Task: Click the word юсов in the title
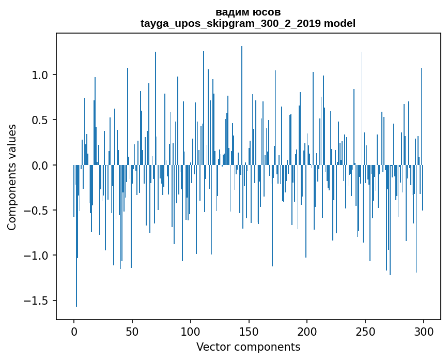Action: pos(268,12)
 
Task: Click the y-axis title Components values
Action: pos(12,177)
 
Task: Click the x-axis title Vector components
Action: pos(248,347)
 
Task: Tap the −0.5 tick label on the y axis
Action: pos(37,211)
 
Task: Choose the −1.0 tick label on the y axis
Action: pos(37,256)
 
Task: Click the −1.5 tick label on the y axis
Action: pos(37,301)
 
